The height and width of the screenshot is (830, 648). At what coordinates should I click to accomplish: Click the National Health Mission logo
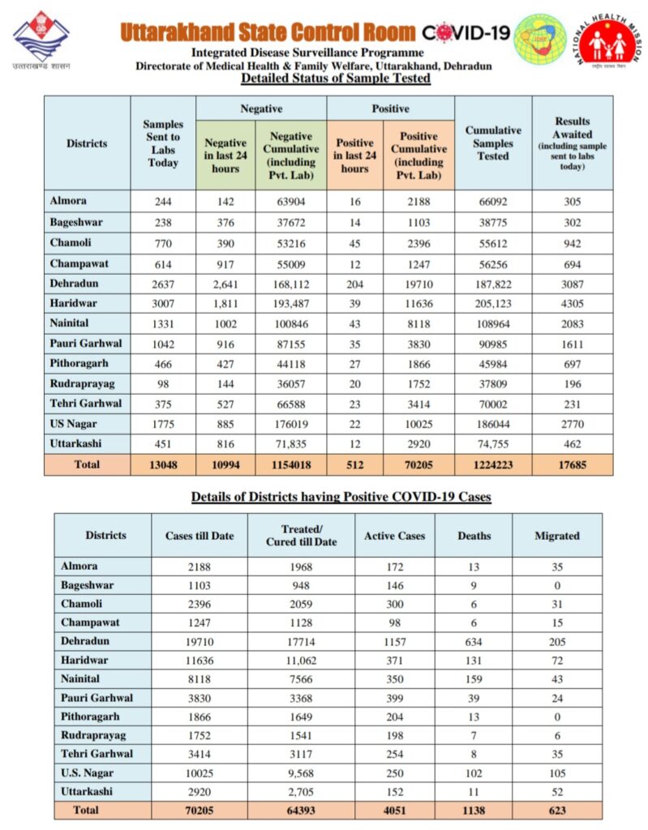610,40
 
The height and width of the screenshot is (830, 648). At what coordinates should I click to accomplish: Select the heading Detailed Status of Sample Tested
335,79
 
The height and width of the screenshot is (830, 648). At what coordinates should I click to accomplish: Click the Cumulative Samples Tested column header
493,143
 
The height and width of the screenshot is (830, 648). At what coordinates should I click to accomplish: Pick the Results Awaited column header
573,143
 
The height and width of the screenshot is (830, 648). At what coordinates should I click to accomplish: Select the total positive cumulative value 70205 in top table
418,464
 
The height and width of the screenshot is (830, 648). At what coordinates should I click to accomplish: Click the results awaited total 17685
573,464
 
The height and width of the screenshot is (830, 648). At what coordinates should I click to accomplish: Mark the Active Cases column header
395,536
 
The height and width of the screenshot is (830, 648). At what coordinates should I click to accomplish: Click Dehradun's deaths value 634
474,641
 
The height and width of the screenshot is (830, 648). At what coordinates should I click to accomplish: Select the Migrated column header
557,536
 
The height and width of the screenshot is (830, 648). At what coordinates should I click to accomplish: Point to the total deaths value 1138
474,810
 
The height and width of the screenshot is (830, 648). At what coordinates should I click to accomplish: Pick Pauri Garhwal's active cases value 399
395,698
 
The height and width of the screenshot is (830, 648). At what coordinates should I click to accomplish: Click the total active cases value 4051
395,810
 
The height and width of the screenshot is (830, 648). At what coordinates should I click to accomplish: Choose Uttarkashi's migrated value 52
557,791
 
